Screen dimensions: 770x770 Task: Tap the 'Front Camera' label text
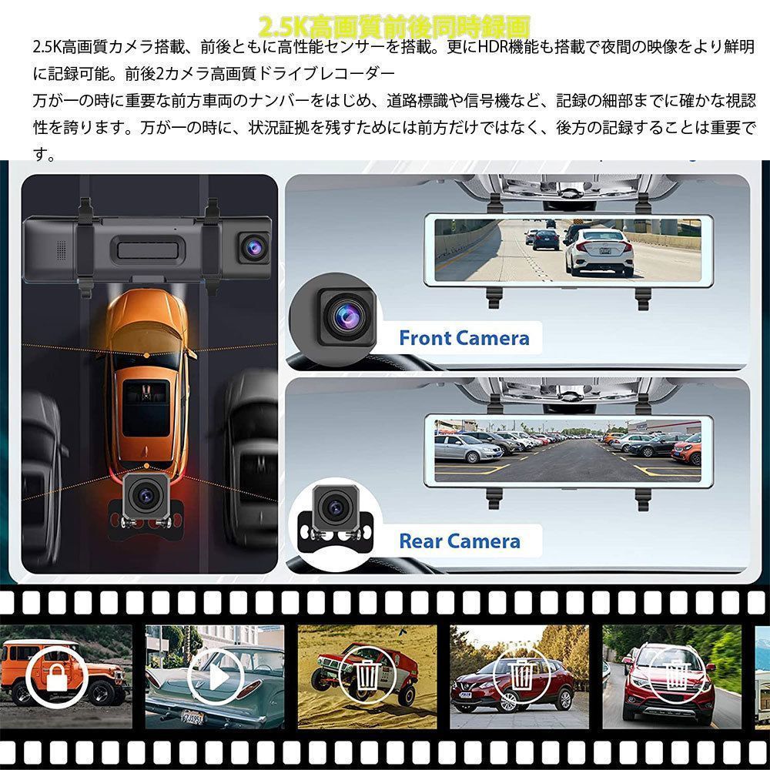pyautogui.click(x=464, y=338)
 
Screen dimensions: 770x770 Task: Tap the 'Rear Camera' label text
pyautogui.click(x=459, y=541)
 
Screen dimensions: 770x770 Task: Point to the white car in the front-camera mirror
pyautogui.click(x=598, y=249)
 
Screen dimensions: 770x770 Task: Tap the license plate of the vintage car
pyautogui.click(x=192, y=718)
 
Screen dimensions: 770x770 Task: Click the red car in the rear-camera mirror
pyautogui.click(x=687, y=450)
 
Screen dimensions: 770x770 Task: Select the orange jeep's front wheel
pyautogui.click(x=99, y=692)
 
